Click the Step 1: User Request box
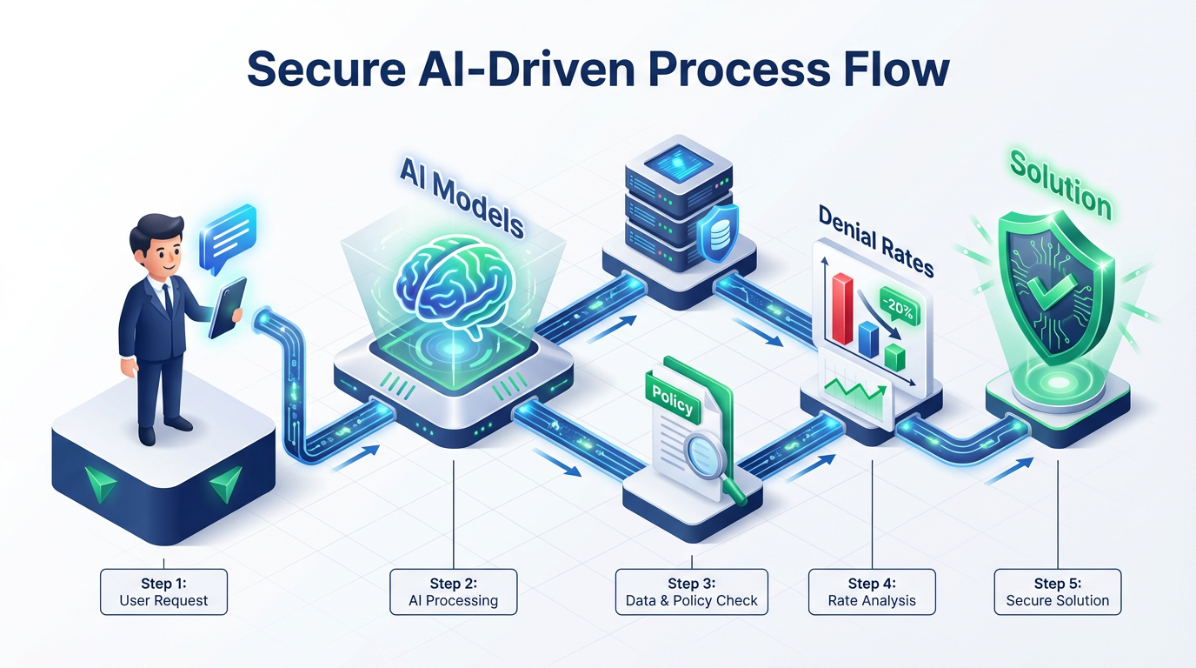[x=163, y=592]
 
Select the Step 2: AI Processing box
[x=453, y=592]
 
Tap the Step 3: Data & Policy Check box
[x=691, y=592]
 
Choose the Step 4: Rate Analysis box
[x=872, y=592]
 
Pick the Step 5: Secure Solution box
[x=1058, y=592]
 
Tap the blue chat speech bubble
[x=228, y=234]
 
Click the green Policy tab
[x=673, y=403]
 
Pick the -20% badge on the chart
[x=900, y=304]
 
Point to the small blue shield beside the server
[x=717, y=233]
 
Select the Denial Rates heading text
[x=875, y=239]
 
